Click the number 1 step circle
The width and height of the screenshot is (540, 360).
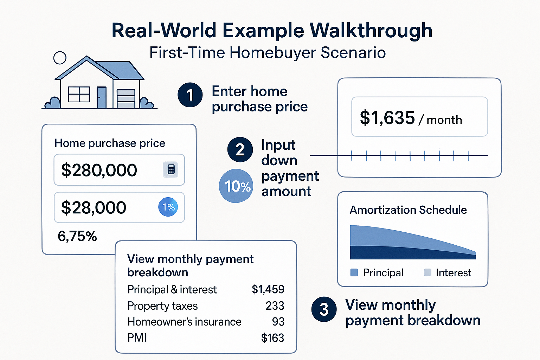[190, 95]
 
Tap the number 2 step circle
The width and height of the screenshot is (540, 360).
[240, 149]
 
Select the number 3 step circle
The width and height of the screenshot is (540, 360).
[324, 309]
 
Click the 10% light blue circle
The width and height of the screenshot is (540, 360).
[236, 186]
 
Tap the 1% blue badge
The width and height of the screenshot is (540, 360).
[168, 207]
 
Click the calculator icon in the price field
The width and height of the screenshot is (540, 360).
[171, 169]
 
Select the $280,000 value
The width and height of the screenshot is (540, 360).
[99, 170]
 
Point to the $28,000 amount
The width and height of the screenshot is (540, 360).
[94, 207]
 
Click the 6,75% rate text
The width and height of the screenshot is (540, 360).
[77, 236]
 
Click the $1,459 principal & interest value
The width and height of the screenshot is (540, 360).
[268, 289]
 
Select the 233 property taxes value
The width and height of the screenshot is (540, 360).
[275, 306]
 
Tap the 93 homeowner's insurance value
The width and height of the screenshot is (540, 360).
[278, 322]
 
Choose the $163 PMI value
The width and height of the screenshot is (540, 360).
[272, 338]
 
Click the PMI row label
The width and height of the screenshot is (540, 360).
[137, 338]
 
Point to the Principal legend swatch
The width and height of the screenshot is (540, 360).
[354, 272]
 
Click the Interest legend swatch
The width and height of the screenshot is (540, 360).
[427, 272]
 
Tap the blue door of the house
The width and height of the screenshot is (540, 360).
[101, 97]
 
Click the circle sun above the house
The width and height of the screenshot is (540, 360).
[60, 58]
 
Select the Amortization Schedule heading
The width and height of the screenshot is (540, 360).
[408, 210]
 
